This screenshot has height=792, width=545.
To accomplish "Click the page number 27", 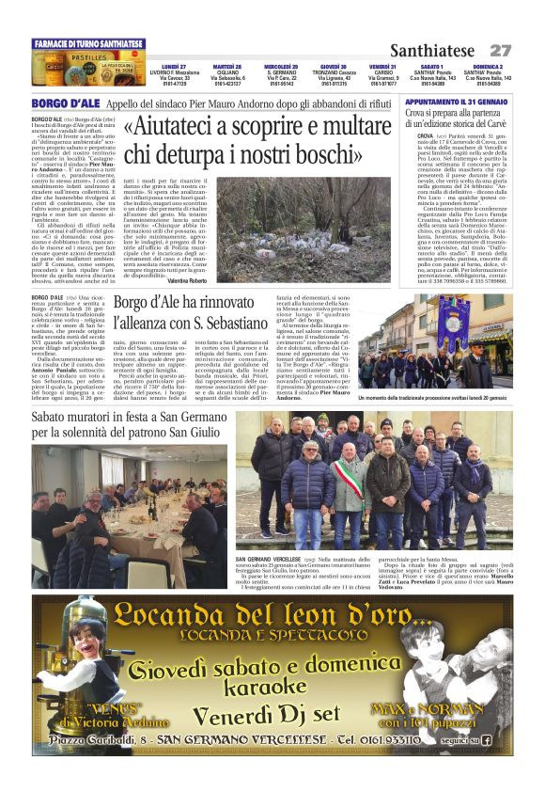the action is coord(500,50).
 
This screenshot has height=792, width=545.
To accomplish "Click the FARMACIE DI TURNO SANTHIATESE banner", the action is coord(87,44).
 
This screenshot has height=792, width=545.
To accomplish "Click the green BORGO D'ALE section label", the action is coord(65,103).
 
